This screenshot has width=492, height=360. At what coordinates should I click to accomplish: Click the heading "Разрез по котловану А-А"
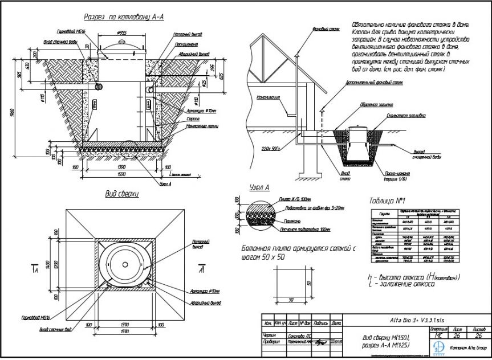[x=124, y=18]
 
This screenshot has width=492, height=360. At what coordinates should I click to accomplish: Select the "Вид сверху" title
[x=122, y=194]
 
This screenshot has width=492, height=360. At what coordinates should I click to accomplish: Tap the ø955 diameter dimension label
[x=120, y=32]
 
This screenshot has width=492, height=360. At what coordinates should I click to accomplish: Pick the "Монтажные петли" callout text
[x=202, y=126]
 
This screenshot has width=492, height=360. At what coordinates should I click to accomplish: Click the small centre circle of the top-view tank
[x=125, y=265]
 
